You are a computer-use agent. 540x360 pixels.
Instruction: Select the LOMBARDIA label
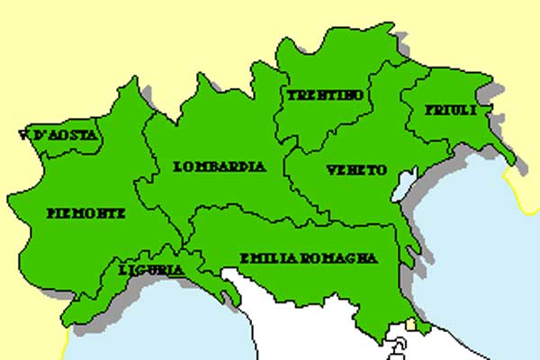pos(220,166)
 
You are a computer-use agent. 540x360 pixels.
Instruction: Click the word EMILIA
pos(265,258)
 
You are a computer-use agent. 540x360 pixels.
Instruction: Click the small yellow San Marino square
pos(412,324)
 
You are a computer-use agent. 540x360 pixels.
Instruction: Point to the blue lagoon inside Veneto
pos(401,187)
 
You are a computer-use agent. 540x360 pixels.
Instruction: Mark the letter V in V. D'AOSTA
pos(22,137)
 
